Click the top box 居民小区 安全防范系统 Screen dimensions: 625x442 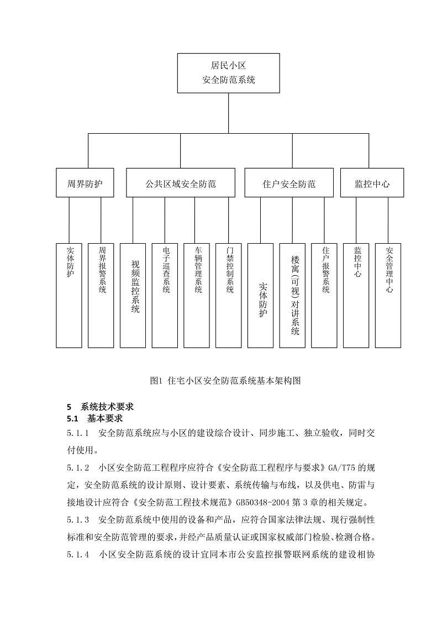pos(228,72)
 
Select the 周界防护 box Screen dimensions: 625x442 pos(85,183)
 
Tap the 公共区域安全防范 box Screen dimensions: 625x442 pos(181,183)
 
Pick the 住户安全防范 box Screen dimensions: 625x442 pos(289,183)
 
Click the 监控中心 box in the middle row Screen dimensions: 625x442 pos(372,183)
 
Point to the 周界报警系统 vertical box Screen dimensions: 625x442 pos(102,295)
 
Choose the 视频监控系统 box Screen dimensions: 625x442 pos(133,295)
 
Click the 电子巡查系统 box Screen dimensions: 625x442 pos(165,295)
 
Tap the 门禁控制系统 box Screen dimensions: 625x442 pos(229,295)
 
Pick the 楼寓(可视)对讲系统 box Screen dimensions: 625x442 pos(293,295)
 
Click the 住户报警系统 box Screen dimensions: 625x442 pos(324,295)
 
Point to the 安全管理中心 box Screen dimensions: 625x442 pos(388,295)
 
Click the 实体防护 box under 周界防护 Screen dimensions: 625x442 pos(69,295)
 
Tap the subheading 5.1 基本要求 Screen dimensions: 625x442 pos(94,418)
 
